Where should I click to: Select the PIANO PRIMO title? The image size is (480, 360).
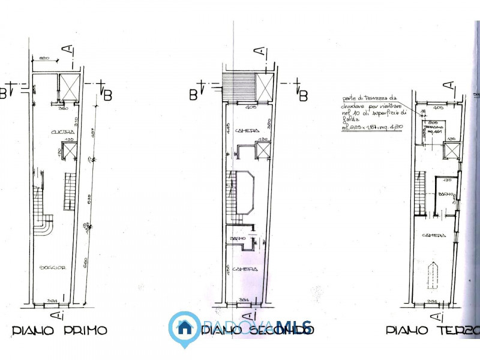pos(59,331)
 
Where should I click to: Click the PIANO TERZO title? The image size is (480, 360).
pos(432,331)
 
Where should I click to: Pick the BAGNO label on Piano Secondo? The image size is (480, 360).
pos(239,238)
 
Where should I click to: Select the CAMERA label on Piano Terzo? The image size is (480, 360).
pos(433,235)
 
